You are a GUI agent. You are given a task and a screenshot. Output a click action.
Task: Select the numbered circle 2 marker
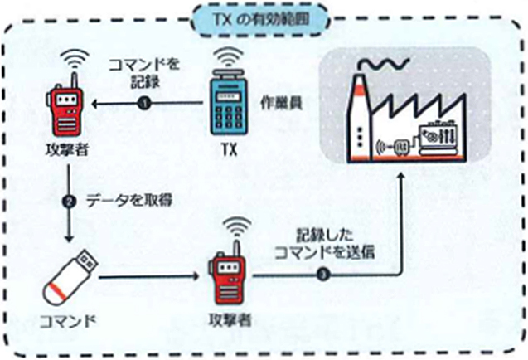coord(70,200)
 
